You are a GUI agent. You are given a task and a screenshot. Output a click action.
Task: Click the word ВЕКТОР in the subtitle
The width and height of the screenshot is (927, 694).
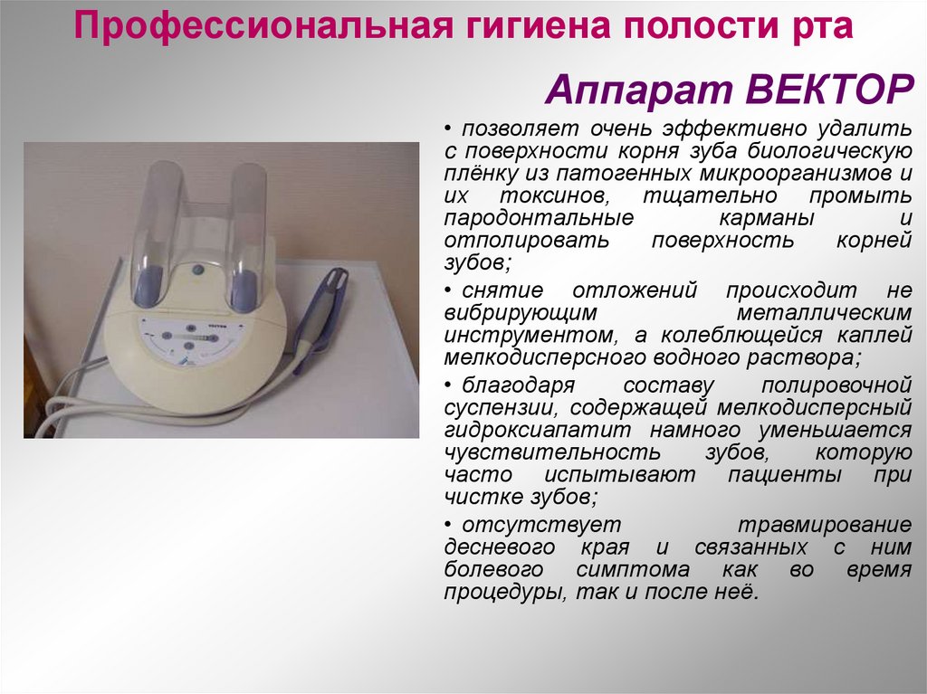(820, 91)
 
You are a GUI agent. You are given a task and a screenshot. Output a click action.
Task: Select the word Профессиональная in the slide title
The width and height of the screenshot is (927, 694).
(255, 25)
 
